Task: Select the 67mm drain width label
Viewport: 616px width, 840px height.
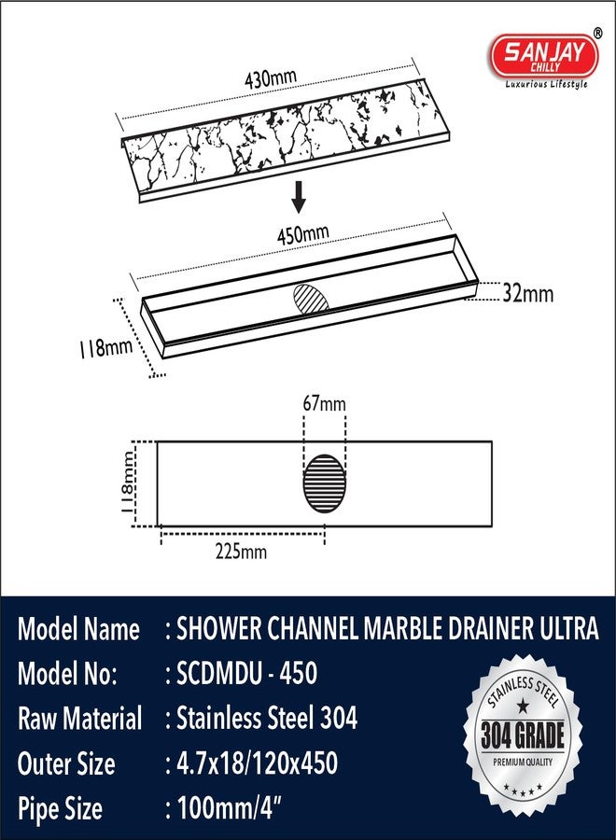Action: coord(323,404)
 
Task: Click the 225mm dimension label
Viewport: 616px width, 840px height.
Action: coord(241,552)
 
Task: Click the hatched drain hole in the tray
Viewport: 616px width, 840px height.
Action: coord(312,301)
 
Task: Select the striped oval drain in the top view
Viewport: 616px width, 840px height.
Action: coord(323,483)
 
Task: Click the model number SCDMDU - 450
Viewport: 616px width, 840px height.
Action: coord(241,673)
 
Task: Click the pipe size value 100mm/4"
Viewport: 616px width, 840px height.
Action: coord(229,808)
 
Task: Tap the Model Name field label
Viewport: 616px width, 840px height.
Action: coord(78,629)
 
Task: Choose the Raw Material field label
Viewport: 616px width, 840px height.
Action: coord(79,719)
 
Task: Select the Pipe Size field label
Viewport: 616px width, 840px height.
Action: coord(60,808)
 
